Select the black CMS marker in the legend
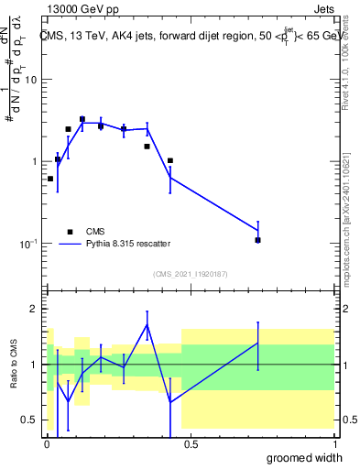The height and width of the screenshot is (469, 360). tap(70, 232)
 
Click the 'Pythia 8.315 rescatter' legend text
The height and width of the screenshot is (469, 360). tap(128, 244)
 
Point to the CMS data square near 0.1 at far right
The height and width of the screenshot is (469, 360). tap(258, 240)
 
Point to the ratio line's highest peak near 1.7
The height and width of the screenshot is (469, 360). tap(147, 324)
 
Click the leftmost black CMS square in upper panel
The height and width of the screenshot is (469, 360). tap(49, 179)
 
